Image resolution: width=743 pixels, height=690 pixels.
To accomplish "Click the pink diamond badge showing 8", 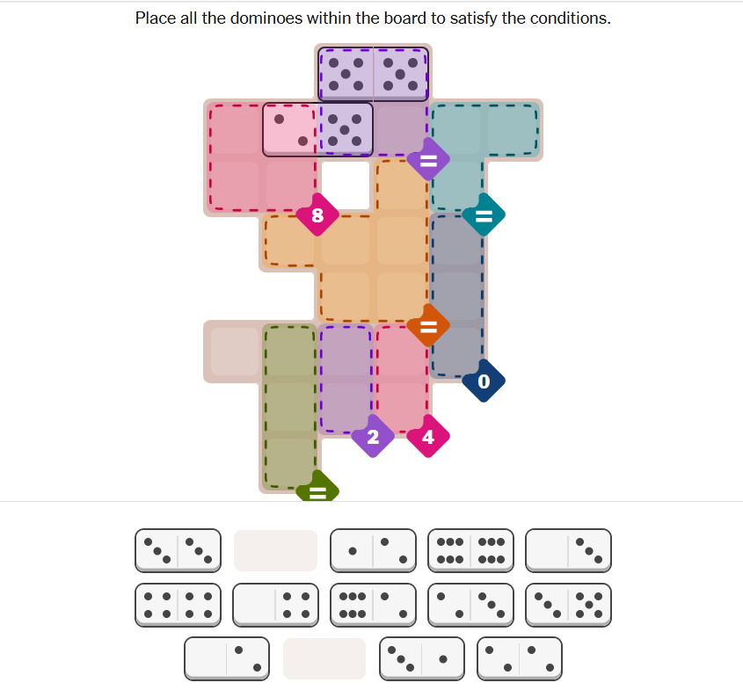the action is (317, 215).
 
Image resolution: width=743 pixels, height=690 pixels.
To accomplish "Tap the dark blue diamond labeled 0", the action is (484, 381).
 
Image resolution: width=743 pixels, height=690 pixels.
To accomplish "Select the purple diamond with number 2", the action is (373, 436).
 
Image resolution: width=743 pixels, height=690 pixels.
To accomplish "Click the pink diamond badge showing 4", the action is (428, 436).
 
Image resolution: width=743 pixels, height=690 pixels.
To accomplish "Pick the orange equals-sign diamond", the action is (428, 326).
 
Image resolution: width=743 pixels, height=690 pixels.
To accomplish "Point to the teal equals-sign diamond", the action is (484, 215).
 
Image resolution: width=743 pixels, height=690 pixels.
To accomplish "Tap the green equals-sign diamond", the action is (317, 488).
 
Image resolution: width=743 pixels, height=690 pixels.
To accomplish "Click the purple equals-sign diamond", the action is (428, 160).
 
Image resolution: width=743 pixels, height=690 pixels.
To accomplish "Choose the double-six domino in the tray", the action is (470, 550).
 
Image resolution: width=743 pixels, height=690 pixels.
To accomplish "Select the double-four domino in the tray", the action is (178, 605).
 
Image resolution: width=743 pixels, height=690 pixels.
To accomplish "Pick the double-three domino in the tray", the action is (178, 550).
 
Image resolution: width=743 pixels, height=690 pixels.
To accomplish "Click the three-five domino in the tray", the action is (568, 605).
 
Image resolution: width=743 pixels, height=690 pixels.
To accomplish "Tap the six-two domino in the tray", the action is (373, 605).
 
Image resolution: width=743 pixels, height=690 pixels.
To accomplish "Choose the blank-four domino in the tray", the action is (275, 605).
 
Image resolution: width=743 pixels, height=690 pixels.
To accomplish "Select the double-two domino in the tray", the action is (520, 658).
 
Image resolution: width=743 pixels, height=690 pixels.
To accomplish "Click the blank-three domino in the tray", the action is (568, 550).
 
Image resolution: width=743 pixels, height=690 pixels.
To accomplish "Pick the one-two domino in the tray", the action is (373, 550).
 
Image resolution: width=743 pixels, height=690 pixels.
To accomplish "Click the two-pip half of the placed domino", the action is (290, 130).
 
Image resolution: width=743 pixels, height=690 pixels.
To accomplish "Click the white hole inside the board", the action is (346, 185).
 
